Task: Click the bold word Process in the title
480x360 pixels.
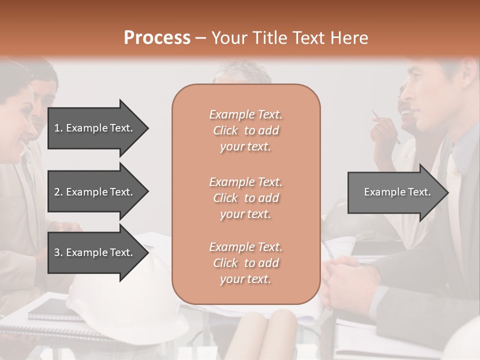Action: (x=157, y=37)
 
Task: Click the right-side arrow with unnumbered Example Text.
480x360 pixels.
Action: (x=397, y=192)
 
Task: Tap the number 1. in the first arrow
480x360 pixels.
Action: (x=58, y=128)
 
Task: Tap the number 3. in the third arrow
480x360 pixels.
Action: (x=58, y=252)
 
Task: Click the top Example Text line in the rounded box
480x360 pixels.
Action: (x=245, y=114)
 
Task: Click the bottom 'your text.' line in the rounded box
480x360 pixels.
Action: (x=245, y=279)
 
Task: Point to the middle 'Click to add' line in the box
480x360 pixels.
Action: (x=245, y=198)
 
